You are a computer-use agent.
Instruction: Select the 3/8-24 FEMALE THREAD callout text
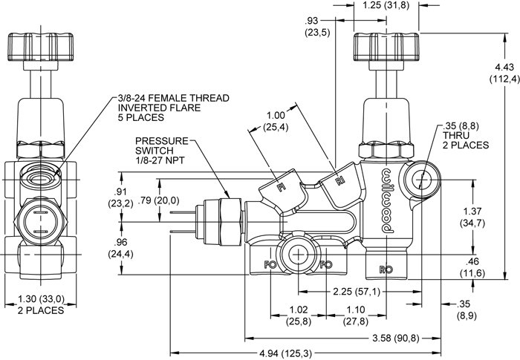click(x=172, y=108)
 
